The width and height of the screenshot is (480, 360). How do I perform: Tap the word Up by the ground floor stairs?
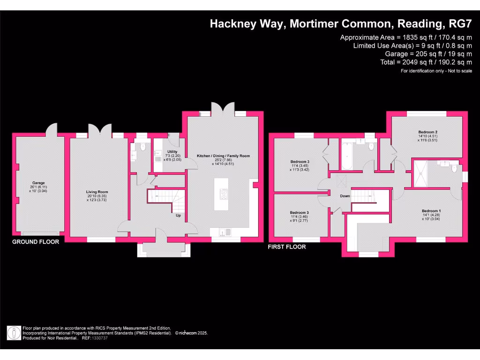[x=179, y=216]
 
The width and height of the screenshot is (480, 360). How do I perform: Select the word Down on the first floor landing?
[x=345, y=196]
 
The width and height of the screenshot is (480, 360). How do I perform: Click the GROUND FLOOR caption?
[x=36, y=242]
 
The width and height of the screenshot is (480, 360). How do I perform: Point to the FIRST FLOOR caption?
[x=286, y=247]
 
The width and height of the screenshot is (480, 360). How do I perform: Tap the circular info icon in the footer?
[x=14, y=333]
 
